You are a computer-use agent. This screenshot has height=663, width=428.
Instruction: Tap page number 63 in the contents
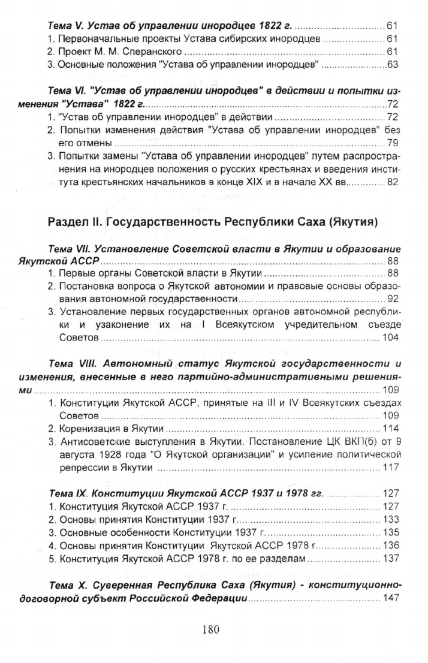click(x=392, y=65)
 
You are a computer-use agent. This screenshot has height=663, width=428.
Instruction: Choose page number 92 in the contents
click(x=393, y=298)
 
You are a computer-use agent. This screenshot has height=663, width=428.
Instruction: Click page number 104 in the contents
click(x=390, y=339)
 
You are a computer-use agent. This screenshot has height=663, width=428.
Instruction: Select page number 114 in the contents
click(x=390, y=428)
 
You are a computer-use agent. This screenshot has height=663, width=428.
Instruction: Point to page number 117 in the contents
click(x=390, y=468)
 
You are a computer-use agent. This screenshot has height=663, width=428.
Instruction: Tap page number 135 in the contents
click(x=390, y=532)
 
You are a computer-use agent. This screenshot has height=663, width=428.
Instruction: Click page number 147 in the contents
click(x=390, y=599)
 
